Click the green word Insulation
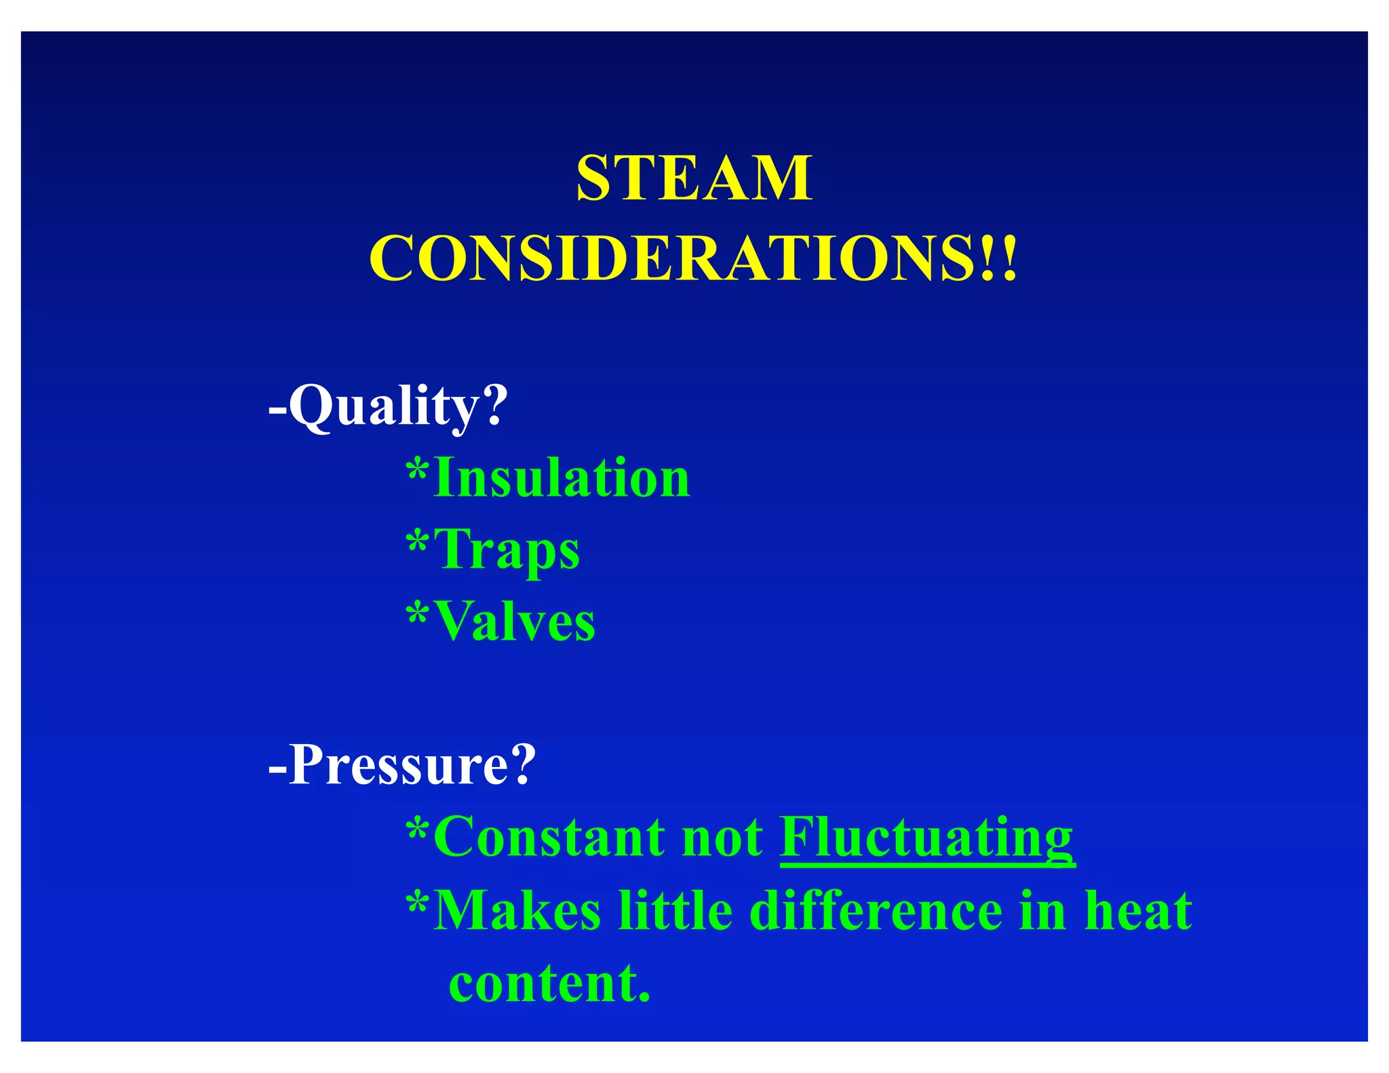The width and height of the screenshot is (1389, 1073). point(562,477)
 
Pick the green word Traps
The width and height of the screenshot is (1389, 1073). point(507,550)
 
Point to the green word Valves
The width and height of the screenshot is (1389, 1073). point(515,621)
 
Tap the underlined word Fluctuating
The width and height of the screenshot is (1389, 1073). point(926,838)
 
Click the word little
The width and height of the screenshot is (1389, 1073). point(676,910)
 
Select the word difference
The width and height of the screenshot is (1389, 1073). point(876,910)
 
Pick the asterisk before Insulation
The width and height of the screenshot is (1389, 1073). point(417,469)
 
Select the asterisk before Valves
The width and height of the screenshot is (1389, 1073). point(417,613)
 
